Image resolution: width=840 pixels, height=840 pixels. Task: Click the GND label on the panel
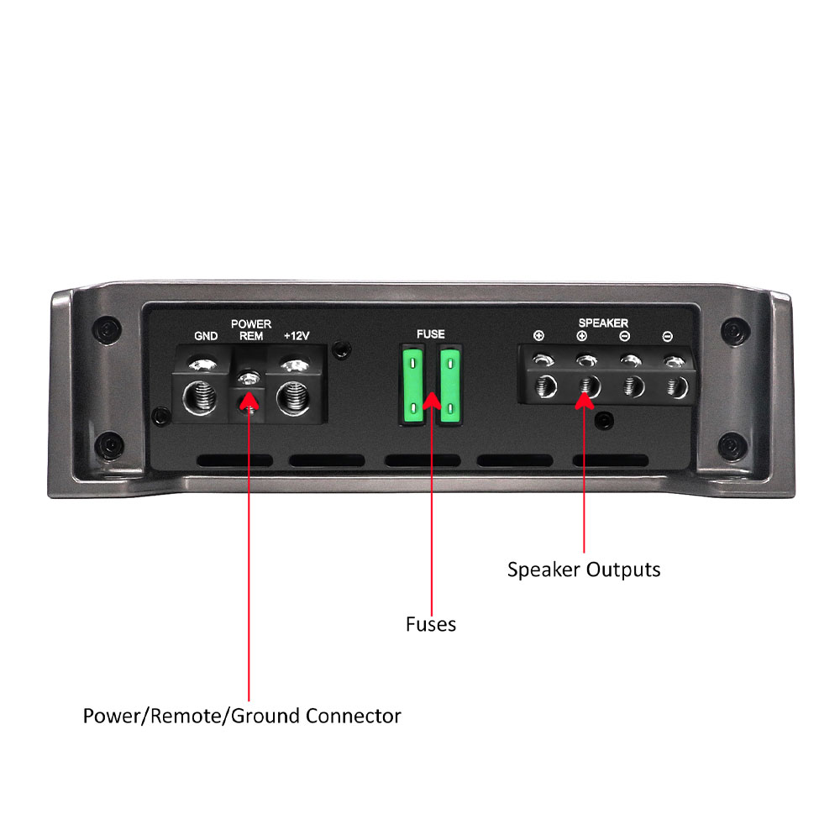[206, 336]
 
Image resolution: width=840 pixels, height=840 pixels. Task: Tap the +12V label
[297, 336]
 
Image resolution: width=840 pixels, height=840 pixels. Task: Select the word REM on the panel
[251, 336]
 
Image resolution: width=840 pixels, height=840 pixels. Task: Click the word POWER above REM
[251, 324]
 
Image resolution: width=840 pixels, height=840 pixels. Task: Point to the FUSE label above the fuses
[431, 333]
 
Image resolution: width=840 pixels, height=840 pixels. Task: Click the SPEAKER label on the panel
[603, 323]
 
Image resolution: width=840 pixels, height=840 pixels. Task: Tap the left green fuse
[412, 386]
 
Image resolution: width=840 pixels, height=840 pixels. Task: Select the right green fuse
[450, 386]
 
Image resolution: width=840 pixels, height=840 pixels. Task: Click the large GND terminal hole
[200, 398]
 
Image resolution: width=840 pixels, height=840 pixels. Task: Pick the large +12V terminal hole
[293, 398]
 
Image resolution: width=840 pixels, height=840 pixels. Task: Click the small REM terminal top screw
[249, 378]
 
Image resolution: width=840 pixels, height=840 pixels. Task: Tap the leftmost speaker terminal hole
[545, 386]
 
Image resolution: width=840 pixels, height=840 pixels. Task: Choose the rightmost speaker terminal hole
[677, 386]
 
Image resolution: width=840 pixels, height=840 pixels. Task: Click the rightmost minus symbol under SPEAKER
[668, 337]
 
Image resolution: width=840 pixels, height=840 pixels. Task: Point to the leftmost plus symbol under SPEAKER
[539, 336]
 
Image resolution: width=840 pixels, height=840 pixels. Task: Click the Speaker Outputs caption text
[584, 570]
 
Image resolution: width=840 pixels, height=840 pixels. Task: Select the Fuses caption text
[431, 624]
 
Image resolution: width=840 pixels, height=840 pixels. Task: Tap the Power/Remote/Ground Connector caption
[242, 717]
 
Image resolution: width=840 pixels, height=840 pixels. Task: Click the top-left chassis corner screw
[108, 328]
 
